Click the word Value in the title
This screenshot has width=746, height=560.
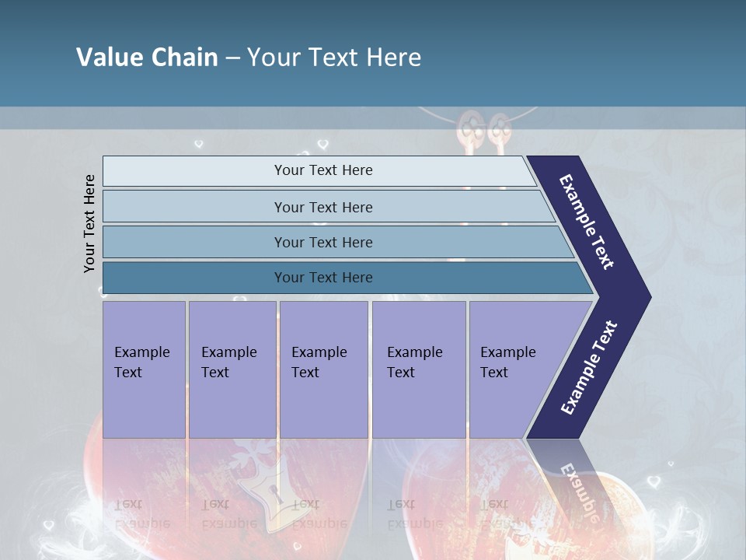point(109,58)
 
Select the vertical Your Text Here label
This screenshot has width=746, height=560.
point(89,223)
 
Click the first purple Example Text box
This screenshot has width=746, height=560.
point(144,369)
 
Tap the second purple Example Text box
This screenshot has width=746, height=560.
point(232,369)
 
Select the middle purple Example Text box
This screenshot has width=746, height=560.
point(322,369)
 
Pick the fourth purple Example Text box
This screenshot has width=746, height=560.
point(418,369)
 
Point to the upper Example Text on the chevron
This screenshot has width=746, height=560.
point(587,222)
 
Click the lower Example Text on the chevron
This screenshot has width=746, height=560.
point(589,368)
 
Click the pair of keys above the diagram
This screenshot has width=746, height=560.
point(482,128)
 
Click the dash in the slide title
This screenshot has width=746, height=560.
point(232,58)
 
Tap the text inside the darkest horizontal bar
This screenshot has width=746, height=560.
point(323,278)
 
